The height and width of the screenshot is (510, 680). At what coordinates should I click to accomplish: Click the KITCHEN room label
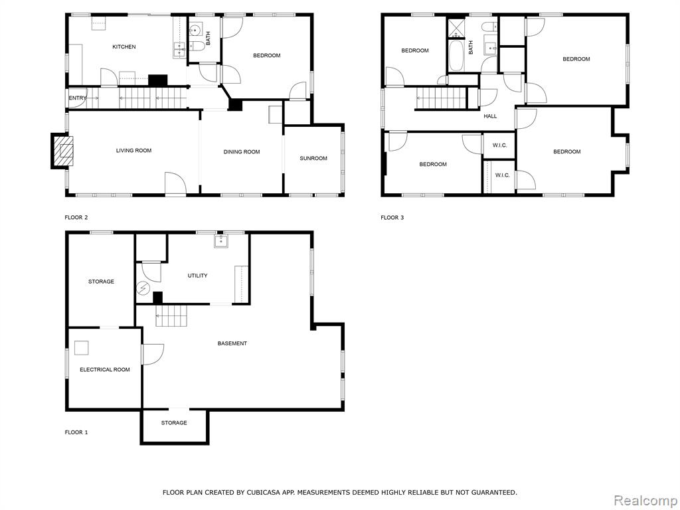coord(124,47)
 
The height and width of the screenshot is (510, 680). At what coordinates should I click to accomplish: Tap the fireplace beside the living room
coord(62,151)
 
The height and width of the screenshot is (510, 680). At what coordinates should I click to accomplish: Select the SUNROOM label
coord(313,158)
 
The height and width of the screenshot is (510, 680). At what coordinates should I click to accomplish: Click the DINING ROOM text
coord(242,152)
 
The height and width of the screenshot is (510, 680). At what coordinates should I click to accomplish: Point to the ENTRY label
coord(78,98)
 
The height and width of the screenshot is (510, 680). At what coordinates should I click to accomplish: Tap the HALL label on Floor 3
coord(490,116)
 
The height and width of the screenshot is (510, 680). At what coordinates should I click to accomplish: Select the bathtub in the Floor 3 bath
coord(456,56)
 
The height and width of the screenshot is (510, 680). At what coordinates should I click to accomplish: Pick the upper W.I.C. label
coord(499,145)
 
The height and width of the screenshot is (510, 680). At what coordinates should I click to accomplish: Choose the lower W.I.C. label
coord(502,175)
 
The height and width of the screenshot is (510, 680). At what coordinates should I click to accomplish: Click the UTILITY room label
coord(197,276)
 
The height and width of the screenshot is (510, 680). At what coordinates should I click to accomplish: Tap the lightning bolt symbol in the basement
coord(143,288)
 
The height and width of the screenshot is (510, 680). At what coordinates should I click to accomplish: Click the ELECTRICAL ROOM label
coord(105,369)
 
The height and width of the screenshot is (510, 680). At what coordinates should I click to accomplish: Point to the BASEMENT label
coord(232,343)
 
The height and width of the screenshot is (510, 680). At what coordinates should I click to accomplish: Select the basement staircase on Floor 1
coord(172,315)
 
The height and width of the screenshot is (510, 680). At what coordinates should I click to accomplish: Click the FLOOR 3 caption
coord(392,218)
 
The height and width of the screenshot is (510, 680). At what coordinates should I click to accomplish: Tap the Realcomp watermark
coord(645,501)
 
